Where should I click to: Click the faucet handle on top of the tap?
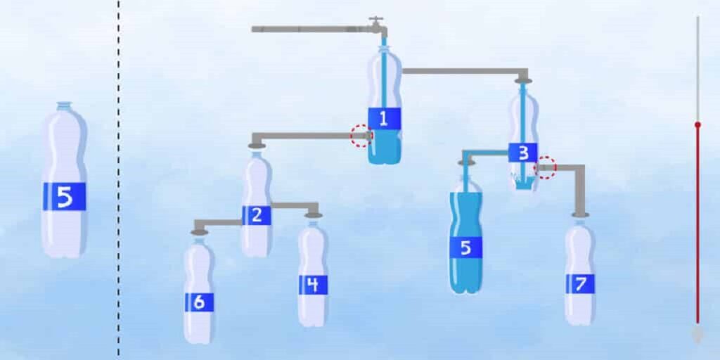click(x=378, y=19)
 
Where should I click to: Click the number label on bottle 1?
click(x=384, y=119)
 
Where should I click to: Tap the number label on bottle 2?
click(x=257, y=216)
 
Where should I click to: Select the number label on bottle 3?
click(x=523, y=153)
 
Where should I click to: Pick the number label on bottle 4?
click(x=313, y=285)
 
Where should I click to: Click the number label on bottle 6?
click(x=199, y=302)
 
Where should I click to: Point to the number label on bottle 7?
click(x=580, y=284)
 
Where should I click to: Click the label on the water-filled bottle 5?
click(x=465, y=247)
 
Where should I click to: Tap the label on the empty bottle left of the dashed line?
click(x=64, y=196)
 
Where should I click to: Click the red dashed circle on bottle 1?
click(x=361, y=136)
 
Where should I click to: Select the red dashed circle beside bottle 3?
click(x=546, y=168)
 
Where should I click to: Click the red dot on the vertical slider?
click(x=697, y=124)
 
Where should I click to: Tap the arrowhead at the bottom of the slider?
click(x=697, y=335)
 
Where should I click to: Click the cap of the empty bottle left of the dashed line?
click(x=64, y=105)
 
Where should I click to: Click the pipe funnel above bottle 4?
click(x=313, y=214)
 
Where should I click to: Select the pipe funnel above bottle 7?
click(x=580, y=214)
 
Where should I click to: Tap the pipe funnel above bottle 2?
click(x=257, y=145)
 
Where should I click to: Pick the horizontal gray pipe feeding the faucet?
click(x=309, y=30)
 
